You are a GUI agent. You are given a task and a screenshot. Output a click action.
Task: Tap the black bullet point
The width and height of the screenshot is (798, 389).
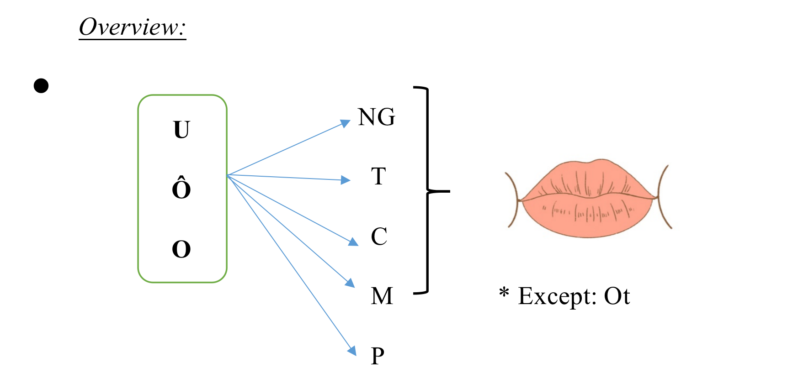(x=41, y=86)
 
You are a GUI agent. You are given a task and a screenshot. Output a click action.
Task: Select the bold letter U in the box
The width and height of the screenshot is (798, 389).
(x=181, y=130)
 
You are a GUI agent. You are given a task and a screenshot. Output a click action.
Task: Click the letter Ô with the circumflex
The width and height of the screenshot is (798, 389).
(x=181, y=188)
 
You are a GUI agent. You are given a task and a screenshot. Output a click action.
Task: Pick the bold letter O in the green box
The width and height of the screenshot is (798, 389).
(x=181, y=249)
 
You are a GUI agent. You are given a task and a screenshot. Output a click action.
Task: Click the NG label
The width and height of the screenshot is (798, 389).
(x=377, y=117)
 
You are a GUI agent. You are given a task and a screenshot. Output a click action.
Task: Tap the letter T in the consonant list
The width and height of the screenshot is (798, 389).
(x=378, y=176)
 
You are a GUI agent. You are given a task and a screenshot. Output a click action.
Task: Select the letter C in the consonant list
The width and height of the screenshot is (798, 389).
(x=379, y=237)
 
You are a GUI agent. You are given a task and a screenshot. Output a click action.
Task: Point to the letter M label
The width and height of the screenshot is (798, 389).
(x=382, y=296)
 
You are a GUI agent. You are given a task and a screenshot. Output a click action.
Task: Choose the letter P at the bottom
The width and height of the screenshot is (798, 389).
(x=378, y=356)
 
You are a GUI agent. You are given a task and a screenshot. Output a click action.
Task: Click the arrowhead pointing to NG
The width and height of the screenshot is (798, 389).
(x=346, y=123)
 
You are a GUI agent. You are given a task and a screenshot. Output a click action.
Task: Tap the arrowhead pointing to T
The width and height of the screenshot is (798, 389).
(x=346, y=180)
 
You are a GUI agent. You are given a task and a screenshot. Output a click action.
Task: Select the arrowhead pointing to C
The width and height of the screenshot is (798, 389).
(x=353, y=242)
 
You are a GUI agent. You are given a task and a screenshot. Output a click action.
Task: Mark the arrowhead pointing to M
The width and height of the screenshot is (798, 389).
(x=350, y=283)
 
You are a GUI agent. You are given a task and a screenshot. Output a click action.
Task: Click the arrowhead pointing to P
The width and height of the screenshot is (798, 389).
(x=352, y=350)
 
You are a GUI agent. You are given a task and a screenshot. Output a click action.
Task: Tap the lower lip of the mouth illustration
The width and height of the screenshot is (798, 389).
(x=589, y=217)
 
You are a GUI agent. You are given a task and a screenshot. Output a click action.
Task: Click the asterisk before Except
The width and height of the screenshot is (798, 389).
(x=504, y=292)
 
